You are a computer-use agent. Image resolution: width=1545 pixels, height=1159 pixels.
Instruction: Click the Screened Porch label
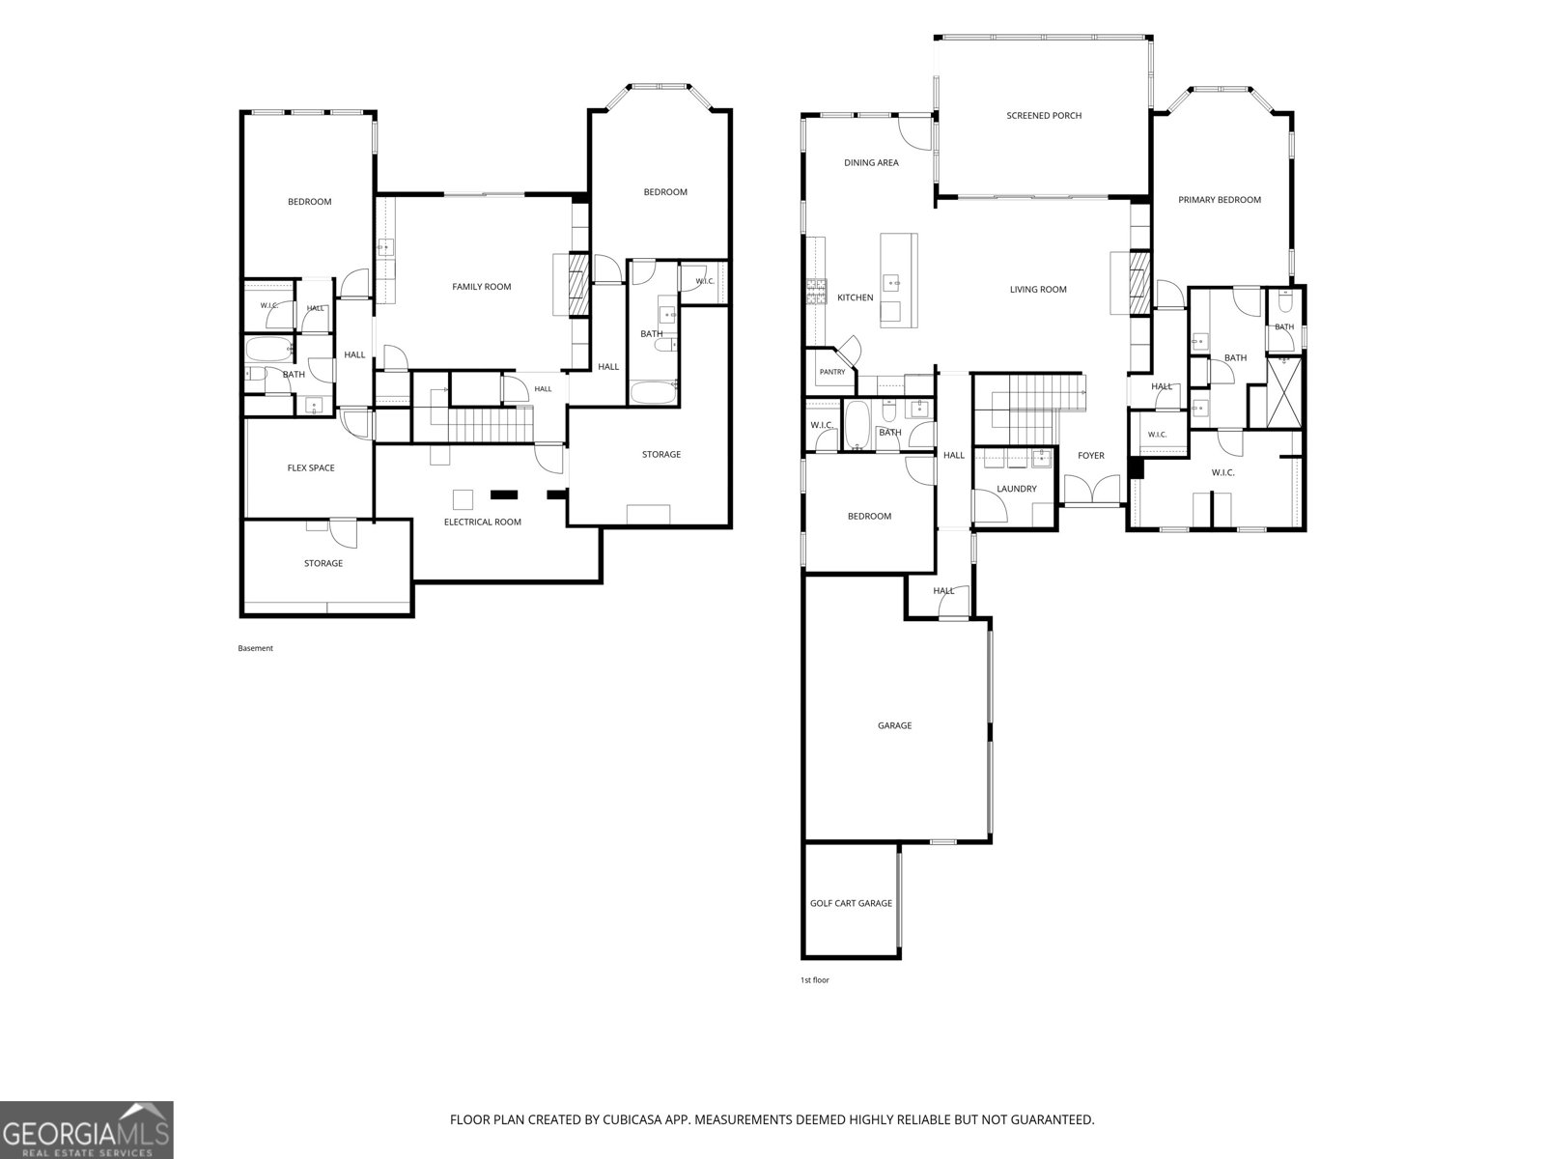click(x=1043, y=115)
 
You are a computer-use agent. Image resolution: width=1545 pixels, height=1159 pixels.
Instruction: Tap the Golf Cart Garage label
click(x=851, y=903)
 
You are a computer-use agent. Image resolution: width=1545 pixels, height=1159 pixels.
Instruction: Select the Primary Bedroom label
click(x=1220, y=200)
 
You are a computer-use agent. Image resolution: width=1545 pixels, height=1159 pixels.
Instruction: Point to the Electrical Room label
click(x=482, y=523)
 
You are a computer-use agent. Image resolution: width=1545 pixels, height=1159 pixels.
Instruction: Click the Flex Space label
click(x=310, y=468)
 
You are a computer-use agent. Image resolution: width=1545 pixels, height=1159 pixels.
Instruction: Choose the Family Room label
click(x=482, y=287)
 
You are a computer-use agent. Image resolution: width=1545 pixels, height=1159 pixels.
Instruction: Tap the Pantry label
click(x=832, y=372)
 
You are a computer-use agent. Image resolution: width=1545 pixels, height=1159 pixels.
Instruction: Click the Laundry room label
click(x=1017, y=489)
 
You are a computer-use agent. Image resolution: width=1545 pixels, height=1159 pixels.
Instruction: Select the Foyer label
click(x=1091, y=455)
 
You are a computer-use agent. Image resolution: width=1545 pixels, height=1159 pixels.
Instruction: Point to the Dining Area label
click(x=871, y=162)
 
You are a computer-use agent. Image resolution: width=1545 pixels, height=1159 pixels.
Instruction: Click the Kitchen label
click(x=855, y=297)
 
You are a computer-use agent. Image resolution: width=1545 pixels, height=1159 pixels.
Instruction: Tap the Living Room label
click(x=1037, y=289)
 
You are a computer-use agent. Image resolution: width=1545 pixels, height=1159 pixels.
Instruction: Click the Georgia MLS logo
click(x=87, y=1129)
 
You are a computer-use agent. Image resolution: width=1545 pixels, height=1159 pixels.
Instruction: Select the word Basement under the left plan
click(x=255, y=648)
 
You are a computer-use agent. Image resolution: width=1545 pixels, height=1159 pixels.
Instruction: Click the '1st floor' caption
click(x=814, y=979)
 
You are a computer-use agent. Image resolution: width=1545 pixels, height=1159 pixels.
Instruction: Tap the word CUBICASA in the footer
click(x=632, y=1119)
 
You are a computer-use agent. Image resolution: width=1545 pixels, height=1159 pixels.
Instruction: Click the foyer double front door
click(x=1091, y=490)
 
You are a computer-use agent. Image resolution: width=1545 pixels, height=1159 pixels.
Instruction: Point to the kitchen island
click(x=899, y=280)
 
